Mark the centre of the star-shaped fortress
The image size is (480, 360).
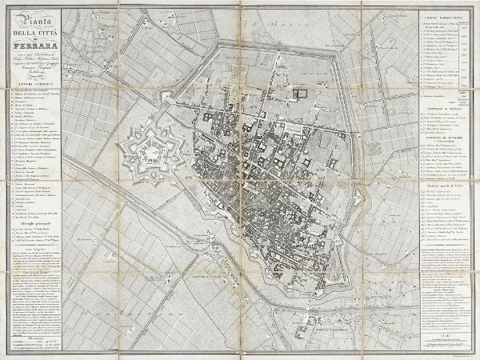point(152,152)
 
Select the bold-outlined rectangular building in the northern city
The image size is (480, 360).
point(302,93)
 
